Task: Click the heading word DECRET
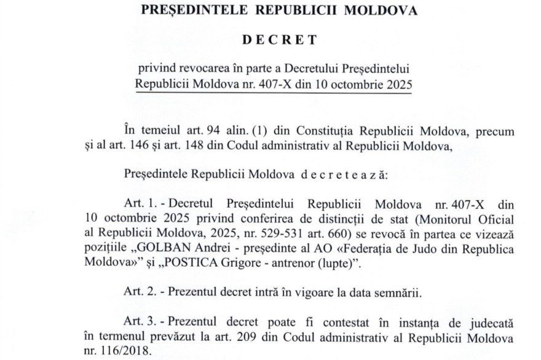pos(280,41)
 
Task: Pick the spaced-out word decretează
pos(335,174)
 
